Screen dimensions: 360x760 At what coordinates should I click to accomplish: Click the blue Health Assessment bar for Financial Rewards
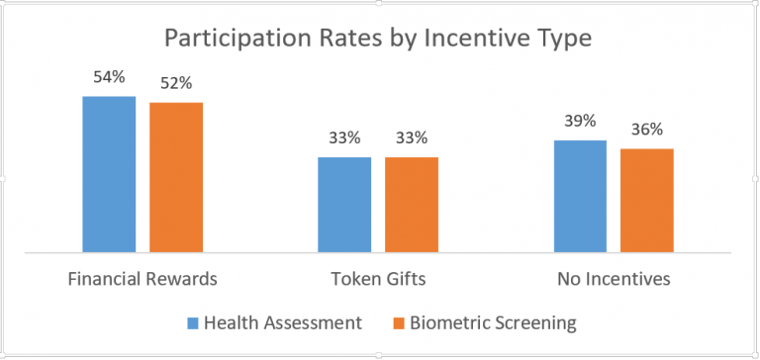(x=109, y=174)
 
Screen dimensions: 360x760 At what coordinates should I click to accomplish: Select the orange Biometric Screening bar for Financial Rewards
(x=176, y=177)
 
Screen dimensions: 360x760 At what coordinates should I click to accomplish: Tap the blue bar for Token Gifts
(x=344, y=205)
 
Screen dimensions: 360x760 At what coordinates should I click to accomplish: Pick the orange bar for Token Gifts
(x=412, y=205)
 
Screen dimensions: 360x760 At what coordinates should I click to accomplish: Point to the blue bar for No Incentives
(x=580, y=196)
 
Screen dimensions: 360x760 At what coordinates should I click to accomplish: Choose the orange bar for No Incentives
(x=647, y=201)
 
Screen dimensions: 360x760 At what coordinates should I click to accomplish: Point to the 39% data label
(x=580, y=121)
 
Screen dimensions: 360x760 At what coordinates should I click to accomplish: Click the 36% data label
(x=647, y=130)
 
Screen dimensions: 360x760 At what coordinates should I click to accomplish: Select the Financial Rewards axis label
(x=142, y=279)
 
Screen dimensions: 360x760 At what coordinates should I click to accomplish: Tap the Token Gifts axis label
(x=378, y=279)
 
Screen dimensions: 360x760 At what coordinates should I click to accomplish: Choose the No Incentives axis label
(x=614, y=279)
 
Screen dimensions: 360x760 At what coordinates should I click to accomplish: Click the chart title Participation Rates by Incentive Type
(x=380, y=39)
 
